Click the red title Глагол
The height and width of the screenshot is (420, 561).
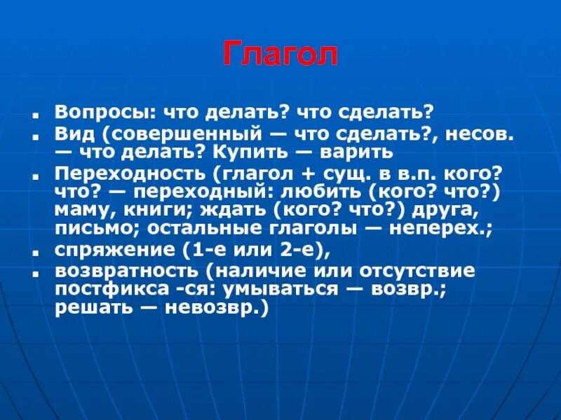(x=280, y=55)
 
